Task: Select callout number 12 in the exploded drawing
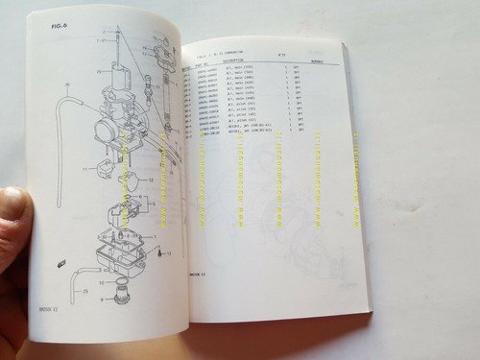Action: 149,180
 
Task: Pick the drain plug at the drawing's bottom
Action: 123,292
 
